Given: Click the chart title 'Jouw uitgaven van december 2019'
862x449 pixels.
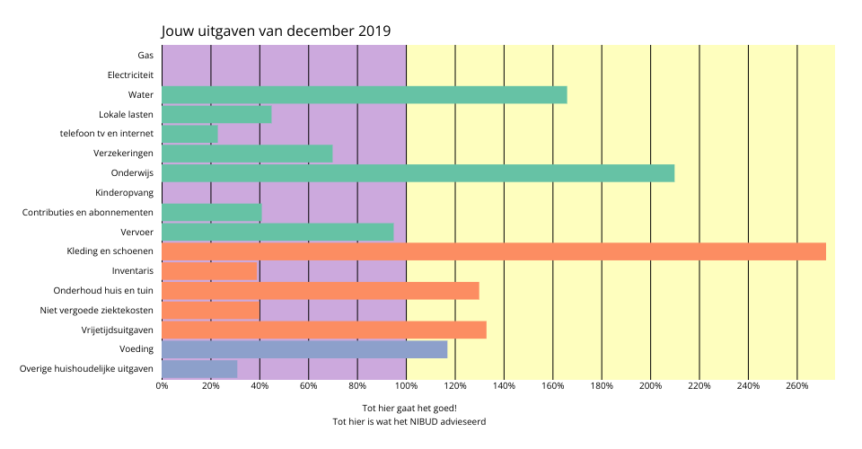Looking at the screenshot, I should coord(276,31).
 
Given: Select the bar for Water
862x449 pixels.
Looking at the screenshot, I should coord(364,95).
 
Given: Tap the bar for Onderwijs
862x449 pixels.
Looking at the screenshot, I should coord(418,173).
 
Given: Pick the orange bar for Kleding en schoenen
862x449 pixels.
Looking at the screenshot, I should coord(494,251).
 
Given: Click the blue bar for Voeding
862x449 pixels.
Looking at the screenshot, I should coord(304,349).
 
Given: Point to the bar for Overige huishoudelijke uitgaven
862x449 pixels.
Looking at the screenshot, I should coord(199,369).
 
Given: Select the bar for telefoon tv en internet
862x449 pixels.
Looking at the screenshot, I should coord(189,134).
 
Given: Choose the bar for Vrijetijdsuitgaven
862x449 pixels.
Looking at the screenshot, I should coord(324,330).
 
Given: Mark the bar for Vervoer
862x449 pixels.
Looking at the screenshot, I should coord(277,232).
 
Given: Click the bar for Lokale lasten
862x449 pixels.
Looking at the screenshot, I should coord(216,115).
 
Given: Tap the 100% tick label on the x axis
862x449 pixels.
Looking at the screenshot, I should coord(406,386).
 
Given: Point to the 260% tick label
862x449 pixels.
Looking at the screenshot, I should coord(797,386).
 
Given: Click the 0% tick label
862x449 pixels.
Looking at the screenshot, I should coord(162,386).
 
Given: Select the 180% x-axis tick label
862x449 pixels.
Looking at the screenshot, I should coord(602,386).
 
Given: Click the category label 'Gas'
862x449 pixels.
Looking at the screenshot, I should coord(145,56).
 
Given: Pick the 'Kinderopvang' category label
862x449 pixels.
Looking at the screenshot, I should coord(124,193).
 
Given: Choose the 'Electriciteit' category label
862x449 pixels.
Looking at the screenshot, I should coord(130,75).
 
